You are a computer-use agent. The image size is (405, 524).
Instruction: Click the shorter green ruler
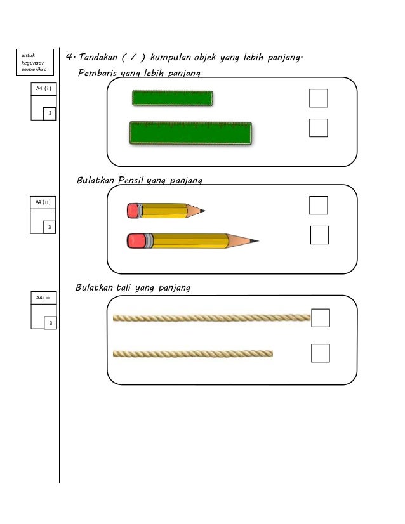coord(172,98)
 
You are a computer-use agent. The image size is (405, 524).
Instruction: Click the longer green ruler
coord(190,133)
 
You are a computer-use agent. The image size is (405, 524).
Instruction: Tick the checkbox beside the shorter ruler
coord(318,98)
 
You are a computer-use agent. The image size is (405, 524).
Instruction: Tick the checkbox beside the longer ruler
coord(318,128)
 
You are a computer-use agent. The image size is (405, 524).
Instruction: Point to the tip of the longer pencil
coord(256,241)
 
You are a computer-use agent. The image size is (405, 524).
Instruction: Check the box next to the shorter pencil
coord(319,206)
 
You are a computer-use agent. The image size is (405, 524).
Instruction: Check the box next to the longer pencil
coord(319,235)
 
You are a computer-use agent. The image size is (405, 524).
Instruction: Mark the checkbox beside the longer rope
coord(321,318)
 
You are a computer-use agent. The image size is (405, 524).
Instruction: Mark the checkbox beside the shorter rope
coord(321,353)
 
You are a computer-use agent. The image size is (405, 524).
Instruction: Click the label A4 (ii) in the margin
coord(43,202)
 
